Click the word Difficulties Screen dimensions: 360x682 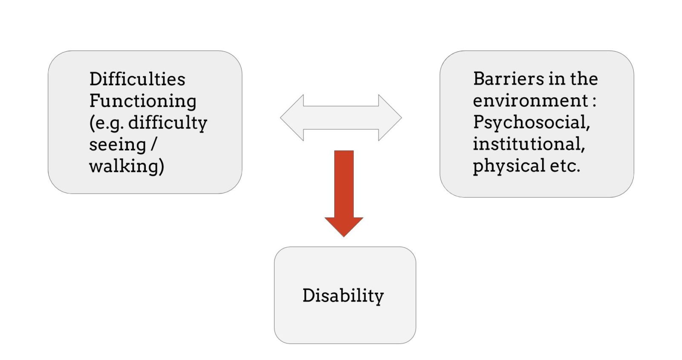tap(137, 79)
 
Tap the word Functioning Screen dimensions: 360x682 tap(143, 101)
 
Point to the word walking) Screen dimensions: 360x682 tap(127, 166)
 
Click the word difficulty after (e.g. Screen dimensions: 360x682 tap(168, 123)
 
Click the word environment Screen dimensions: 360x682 tap(530, 101)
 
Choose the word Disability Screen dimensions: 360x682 tap(343, 296)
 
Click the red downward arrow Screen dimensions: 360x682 tap(344, 188)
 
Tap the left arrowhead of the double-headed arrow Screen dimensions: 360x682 tap(292, 118)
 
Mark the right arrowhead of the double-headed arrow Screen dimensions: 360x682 tap(390, 118)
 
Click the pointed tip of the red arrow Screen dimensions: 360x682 tap(344, 235)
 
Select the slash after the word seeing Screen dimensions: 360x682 tap(154, 145)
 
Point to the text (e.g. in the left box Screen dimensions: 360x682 tap(106, 123)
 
